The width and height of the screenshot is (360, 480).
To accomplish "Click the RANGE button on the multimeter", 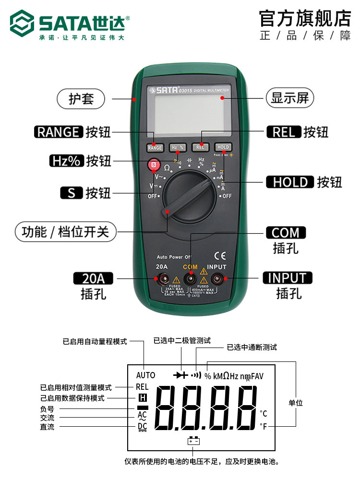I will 155,147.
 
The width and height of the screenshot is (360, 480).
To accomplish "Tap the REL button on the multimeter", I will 200,147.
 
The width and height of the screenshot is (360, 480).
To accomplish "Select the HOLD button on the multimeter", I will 223,147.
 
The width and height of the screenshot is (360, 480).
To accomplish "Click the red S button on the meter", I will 154,166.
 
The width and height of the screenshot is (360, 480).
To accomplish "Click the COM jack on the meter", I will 191,278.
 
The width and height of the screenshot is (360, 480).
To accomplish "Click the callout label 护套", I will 81,99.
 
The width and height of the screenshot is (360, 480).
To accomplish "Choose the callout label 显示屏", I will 289,98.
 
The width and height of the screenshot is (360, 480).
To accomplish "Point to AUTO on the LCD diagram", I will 145,375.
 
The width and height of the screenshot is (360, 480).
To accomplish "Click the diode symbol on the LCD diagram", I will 181,375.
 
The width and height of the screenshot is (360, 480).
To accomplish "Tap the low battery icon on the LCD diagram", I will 193,441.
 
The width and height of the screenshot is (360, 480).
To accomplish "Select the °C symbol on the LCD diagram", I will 263,413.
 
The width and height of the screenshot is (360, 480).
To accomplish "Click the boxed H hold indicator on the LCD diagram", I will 142,397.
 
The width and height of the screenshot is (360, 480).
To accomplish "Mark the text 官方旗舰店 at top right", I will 305,18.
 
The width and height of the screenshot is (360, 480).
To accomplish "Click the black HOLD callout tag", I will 290,182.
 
